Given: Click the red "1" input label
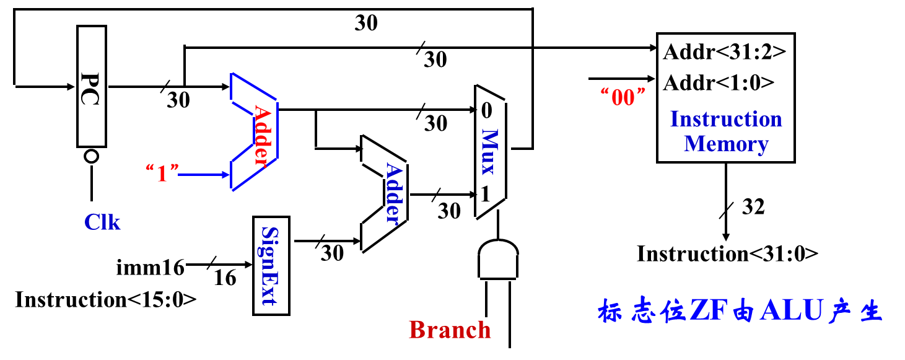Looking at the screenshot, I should pyautogui.click(x=162, y=173).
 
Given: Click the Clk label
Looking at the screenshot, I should pyautogui.click(x=102, y=222).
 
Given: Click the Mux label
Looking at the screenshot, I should pyautogui.click(x=489, y=152).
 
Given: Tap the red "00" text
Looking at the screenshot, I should pyautogui.click(x=623, y=97).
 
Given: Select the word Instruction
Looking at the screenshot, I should pyautogui.click(x=726, y=118).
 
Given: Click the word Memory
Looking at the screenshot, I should pyautogui.click(x=726, y=144).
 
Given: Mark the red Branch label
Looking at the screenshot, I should pyautogui.click(x=450, y=330).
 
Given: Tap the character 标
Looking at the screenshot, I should pyautogui.click(x=611, y=311).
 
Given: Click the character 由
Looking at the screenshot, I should pyautogui.click(x=742, y=311).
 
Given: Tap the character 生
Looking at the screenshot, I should pyautogui.click(x=870, y=311).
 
